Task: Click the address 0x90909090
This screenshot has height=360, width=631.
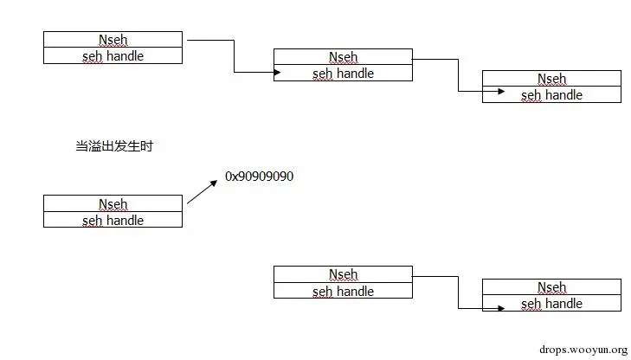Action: click(x=260, y=176)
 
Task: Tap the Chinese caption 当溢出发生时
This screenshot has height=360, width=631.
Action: click(x=114, y=146)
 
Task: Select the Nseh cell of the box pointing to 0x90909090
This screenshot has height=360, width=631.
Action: click(x=113, y=204)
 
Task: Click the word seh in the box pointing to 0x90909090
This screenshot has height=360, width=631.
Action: click(x=92, y=220)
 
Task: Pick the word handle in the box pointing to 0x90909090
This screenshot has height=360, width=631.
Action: click(x=125, y=220)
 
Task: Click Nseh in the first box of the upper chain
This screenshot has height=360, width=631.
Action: click(x=113, y=40)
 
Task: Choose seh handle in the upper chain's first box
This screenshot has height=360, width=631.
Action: click(x=113, y=55)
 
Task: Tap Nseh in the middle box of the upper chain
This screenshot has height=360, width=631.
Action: click(x=343, y=57)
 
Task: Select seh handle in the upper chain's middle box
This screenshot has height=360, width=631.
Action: click(x=343, y=74)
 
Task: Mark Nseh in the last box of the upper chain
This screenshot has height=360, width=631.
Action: click(x=551, y=79)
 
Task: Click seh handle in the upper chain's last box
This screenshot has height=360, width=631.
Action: click(x=551, y=95)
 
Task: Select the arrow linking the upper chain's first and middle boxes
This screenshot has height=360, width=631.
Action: click(x=234, y=56)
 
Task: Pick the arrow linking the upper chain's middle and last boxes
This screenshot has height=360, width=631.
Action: click(x=459, y=75)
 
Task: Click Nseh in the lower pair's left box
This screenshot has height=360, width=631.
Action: click(x=343, y=274)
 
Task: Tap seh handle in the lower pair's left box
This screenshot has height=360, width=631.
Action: click(x=343, y=291)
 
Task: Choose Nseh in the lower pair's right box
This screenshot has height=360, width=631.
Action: click(x=551, y=287)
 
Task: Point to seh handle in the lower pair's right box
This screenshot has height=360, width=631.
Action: click(x=551, y=304)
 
